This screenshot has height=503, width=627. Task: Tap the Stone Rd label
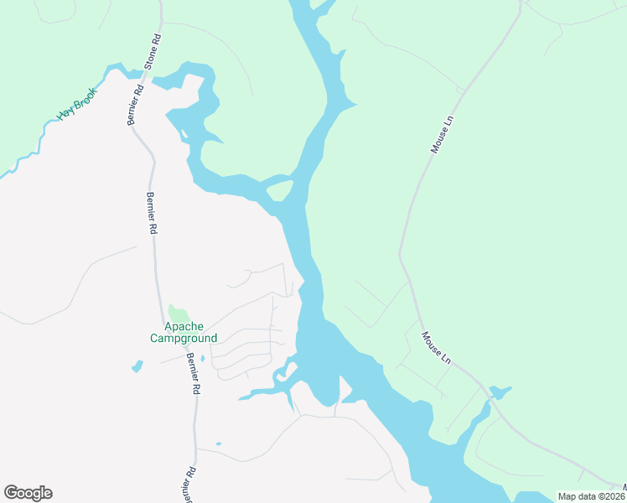153,51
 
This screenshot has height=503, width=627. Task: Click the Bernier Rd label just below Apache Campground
193,373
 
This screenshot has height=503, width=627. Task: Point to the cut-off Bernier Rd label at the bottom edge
188,485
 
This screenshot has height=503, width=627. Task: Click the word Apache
184,326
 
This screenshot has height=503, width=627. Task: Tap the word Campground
184,339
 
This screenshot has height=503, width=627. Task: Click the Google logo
28,493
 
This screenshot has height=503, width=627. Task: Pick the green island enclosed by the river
279,190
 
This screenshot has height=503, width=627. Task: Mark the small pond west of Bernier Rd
137,366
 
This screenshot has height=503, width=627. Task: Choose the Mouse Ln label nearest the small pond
437,348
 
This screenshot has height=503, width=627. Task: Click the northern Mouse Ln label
442,134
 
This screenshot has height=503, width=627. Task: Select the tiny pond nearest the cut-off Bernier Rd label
218,443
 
